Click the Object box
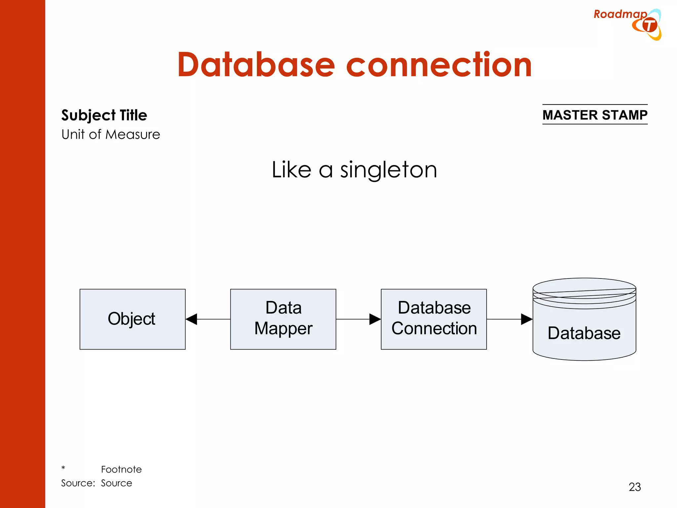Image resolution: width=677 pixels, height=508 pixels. tap(132, 319)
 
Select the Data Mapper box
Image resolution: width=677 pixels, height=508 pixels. tap(283, 319)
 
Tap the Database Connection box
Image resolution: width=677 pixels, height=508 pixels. tap(434, 319)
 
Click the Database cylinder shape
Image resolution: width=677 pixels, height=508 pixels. tap(584, 331)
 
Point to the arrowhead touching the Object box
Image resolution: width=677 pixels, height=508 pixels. tap(192, 319)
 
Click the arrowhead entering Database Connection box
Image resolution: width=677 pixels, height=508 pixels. tap(375, 319)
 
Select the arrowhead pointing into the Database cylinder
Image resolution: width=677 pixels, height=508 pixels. tap(526, 319)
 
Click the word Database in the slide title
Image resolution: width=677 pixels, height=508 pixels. tap(256, 65)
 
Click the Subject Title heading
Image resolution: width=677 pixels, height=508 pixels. tap(104, 115)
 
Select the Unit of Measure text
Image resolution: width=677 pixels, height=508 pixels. tap(110, 135)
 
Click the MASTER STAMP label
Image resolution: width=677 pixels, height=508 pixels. tap(595, 115)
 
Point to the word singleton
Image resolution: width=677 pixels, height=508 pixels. tap(389, 170)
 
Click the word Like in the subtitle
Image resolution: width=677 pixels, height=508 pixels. tap(291, 170)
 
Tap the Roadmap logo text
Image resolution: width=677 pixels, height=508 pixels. tap(620, 14)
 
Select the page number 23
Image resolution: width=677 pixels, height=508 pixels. tap(635, 487)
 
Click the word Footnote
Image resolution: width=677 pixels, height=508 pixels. tap(121, 469)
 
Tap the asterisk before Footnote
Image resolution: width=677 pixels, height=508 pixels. tap(63, 468)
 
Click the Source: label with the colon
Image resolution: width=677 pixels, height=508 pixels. tap(78, 483)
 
